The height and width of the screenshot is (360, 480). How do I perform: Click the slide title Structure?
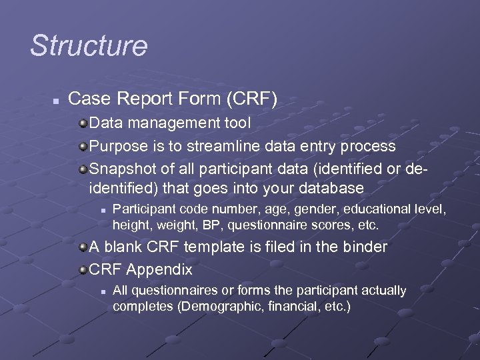pos(89,46)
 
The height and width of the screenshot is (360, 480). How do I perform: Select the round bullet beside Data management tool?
pos(82,124)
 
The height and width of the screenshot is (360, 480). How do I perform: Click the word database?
pos(328,188)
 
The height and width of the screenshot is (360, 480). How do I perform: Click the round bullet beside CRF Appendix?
pos(82,270)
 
